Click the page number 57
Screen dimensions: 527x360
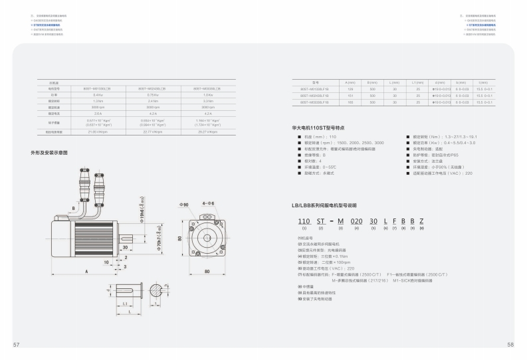[17, 345]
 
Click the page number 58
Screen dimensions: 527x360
[510, 345]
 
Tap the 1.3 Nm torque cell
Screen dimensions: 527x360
[97, 101]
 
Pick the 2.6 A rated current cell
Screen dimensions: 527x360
[97, 113]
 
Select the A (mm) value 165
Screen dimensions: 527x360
[350, 102]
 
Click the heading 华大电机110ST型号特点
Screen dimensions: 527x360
[318, 126]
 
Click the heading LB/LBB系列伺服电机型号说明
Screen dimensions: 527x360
[328, 206]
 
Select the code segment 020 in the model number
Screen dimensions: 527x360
[356, 221]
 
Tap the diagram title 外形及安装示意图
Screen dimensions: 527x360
[49, 152]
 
